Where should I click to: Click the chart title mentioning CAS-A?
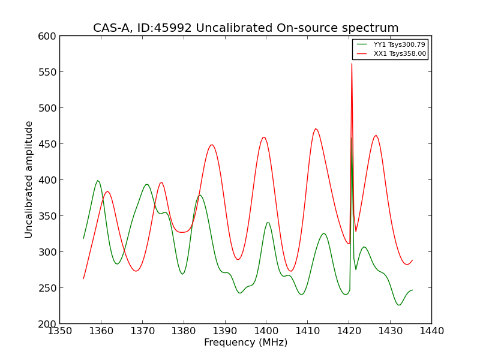[245, 28]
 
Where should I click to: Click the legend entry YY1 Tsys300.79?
[399, 44]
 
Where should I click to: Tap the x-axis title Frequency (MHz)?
[245, 343]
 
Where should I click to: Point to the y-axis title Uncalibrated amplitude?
[29, 179]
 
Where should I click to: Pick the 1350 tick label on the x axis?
[59, 331]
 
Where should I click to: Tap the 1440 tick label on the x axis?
[431, 331]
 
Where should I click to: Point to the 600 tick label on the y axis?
[47, 36]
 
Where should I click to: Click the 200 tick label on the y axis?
[47, 324]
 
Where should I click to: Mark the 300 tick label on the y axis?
[47, 252]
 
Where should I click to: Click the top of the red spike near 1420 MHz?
[352, 64]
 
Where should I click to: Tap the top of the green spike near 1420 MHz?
[352, 138]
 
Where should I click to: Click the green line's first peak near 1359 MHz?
[97, 181]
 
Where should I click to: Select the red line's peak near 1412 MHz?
[316, 128]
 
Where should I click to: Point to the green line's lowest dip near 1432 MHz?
[398, 305]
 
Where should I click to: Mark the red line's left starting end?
[83, 278]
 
